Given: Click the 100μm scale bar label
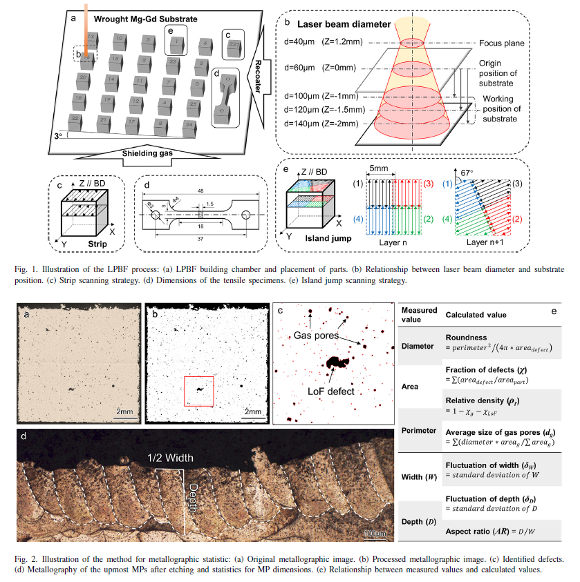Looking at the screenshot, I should (x=375, y=534).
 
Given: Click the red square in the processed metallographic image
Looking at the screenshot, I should (x=200, y=393).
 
